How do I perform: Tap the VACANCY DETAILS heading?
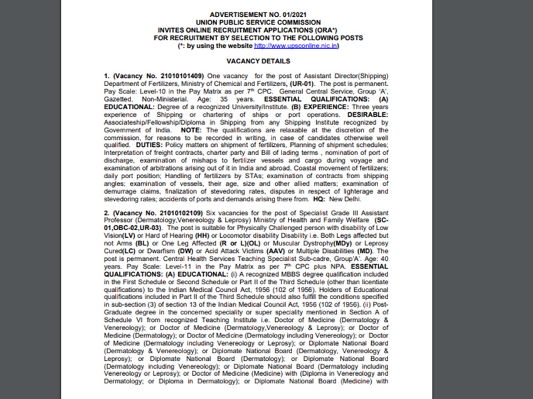pos(258,61)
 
